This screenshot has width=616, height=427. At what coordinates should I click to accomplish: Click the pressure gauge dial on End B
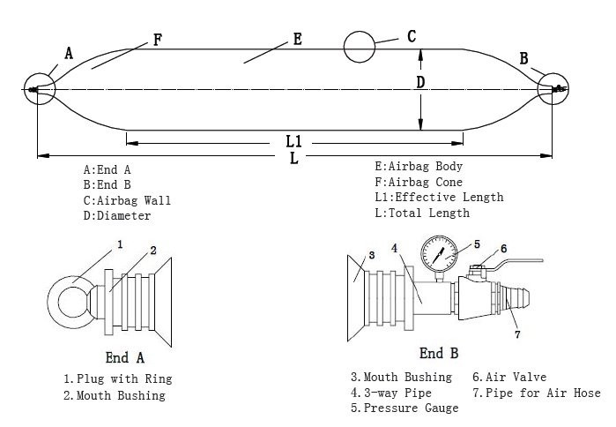[x=439, y=254]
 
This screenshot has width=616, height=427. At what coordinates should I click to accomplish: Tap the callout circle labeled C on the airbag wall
[x=362, y=47]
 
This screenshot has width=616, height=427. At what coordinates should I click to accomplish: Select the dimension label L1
[x=294, y=141]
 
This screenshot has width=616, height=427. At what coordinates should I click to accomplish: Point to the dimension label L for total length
[x=294, y=158]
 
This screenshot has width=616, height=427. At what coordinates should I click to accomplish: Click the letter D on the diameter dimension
[x=420, y=83]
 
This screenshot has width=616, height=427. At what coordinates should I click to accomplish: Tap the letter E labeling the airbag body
[x=297, y=39]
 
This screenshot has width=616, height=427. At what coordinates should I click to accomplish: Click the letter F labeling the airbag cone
[x=157, y=40]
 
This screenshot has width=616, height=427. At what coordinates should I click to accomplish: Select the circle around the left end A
[x=40, y=89]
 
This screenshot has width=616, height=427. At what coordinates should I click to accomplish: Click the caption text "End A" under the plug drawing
[x=124, y=357]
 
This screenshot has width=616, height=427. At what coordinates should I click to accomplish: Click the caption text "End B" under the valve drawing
[x=438, y=354]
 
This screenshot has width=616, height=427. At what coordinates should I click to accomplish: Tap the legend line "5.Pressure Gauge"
[x=404, y=408]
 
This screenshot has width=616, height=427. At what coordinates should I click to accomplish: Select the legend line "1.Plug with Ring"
[x=117, y=379]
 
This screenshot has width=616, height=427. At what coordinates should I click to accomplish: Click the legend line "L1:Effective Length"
[x=438, y=198]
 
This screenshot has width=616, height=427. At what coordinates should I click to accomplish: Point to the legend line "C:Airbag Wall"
[x=127, y=200]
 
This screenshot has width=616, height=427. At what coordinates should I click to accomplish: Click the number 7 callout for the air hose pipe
[x=517, y=335]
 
